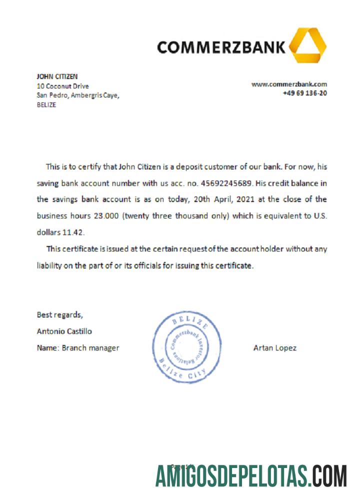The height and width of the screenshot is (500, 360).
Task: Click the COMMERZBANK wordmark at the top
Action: [x=221, y=47]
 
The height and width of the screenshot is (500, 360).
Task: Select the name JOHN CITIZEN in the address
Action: [x=57, y=76]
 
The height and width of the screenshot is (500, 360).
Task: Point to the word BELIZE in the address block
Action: [x=46, y=105]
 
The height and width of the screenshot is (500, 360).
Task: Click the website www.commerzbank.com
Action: [x=289, y=84]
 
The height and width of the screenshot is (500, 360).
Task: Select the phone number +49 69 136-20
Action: [x=304, y=93]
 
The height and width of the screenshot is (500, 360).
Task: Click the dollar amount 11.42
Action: [x=73, y=232]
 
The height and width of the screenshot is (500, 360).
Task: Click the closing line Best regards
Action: [x=60, y=315]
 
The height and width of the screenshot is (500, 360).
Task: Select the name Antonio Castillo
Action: [x=64, y=331]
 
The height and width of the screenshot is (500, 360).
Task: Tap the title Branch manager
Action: [x=90, y=348]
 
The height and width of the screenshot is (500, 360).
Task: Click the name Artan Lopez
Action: [x=274, y=348]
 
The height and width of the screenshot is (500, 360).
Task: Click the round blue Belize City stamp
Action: [x=187, y=348]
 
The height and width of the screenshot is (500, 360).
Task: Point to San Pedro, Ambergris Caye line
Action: [x=78, y=95]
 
